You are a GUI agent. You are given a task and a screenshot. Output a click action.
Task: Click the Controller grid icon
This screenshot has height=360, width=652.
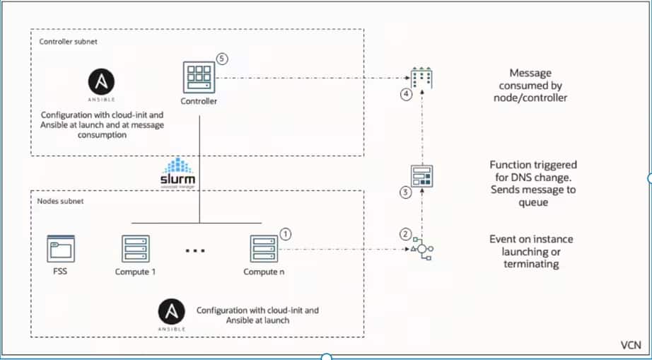(x=198, y=76)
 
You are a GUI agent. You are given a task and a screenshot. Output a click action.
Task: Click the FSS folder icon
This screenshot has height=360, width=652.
(x=60, y=249)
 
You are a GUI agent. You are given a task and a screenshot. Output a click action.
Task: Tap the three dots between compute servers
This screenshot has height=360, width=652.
(x=195, y=250)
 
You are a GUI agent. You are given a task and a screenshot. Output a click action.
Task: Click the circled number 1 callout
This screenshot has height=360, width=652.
(x=285, y=232)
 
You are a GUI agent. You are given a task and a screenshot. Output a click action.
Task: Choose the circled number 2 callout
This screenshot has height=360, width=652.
(x=405, y=234)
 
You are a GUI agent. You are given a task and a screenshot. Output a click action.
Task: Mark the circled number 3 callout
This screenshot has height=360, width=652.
(x=405, y=190)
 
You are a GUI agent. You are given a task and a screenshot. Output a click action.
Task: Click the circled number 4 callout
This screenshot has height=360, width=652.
(x=406, y=95)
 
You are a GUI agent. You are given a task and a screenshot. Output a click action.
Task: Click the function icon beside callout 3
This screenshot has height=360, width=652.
(x=422, y=175)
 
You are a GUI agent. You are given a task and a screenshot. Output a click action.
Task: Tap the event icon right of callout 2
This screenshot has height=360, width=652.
(x=421, y=250)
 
